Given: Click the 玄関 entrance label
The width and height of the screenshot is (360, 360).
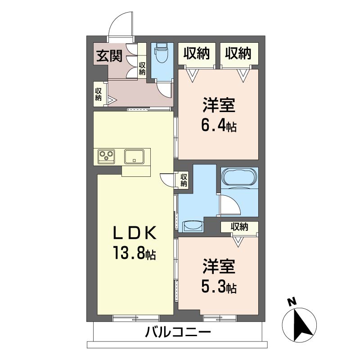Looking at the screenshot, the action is [x=109, y=56].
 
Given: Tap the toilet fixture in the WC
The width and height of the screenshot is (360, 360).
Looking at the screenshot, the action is [x=162, y=53].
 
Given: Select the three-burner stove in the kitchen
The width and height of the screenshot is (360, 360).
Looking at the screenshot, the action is [x=106, y=156].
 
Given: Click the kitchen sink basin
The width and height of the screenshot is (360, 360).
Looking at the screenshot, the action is [x=134, y=157].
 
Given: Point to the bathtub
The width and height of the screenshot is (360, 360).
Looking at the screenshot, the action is [x=239, y=177].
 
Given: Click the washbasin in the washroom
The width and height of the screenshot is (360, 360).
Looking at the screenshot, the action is [x=193, y=226].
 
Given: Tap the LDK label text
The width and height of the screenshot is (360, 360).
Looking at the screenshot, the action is [x=135, y=233].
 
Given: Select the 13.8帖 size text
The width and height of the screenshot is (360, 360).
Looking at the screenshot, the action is [x=134, y=252].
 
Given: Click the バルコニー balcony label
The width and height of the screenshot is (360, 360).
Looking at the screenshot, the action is [x=178, y=332].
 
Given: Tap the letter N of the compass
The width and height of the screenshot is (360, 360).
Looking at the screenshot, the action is [x=292, y=302].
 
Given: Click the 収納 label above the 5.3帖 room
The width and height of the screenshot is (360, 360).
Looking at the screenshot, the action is [x=239, y=227].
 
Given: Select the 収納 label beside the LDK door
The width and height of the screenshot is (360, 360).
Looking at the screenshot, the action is [x=184, y=180].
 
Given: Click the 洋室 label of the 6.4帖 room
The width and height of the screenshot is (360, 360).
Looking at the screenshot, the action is [x=219, y=105].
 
